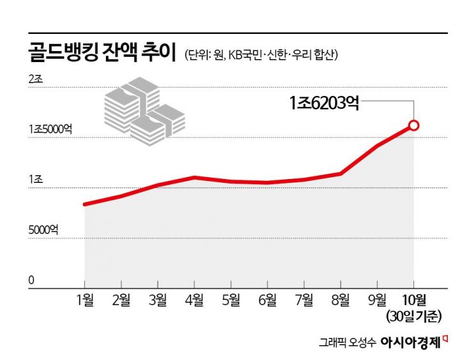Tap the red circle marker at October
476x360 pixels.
pos(413,125)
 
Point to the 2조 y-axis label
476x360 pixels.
pos(35,79)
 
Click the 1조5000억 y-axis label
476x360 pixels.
pos(50,129)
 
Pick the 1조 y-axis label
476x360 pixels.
pos(35,180)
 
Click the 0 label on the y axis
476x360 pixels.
pos(31,279)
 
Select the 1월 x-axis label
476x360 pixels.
pos(84,299)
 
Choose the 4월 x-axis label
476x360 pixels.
pos(194,299)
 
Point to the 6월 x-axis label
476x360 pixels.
pos(268,299)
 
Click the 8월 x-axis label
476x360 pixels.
pos(341,299)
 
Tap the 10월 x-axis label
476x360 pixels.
pos(414,299)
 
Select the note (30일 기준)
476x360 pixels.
pos(413,315)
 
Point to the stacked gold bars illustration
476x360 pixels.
pos(144,109)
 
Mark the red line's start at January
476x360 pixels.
pos(85,205)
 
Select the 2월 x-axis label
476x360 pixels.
pos(121,299)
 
